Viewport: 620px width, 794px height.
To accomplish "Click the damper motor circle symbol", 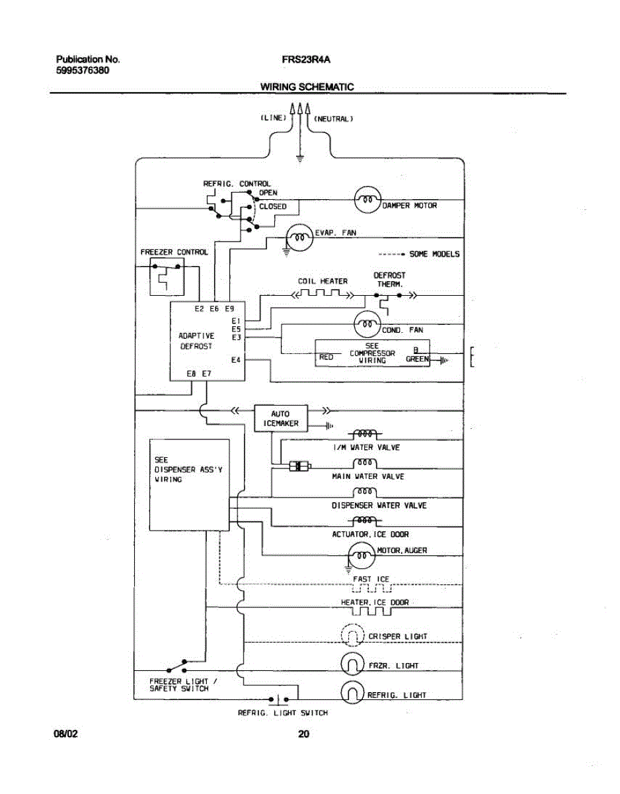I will (368, 199).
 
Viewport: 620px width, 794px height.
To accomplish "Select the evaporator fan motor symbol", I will (299, 236).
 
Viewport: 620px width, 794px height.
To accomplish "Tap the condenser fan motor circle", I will (368, 324).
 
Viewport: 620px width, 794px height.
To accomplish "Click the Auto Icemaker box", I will (281, 418).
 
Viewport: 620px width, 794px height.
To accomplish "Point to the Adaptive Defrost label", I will (196, 341).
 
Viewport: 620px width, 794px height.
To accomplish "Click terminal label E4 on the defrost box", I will (236, 361).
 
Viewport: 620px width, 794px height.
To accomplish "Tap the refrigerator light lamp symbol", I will (352, 692).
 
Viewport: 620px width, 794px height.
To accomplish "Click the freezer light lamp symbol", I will (352, 662).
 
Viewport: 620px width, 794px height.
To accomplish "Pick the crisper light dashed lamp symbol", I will (352, 635).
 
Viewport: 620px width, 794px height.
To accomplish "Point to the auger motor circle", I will (361, 554).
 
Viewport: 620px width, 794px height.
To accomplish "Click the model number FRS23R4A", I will (306, 60).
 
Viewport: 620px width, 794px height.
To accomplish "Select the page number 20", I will (303, 733).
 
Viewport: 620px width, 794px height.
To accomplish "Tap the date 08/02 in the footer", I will (65, 733).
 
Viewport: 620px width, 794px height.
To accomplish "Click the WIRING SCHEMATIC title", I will (307, 87).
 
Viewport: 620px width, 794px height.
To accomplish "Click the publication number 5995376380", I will (83, 70).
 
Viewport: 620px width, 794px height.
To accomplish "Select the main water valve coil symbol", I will (366, 463).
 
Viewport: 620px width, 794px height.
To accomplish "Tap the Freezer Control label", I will (174, 252).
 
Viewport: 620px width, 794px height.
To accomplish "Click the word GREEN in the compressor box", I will (417, 360).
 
